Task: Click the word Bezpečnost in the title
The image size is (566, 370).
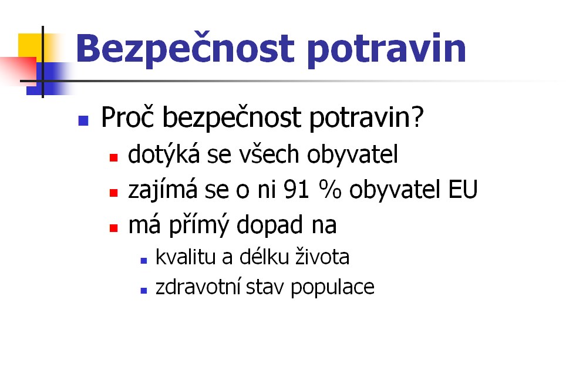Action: (x=185, y=49)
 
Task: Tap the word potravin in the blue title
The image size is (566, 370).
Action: (x=386, y=49)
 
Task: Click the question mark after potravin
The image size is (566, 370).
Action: (x=417, y=117)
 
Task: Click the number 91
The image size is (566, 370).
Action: (x=297, y=189)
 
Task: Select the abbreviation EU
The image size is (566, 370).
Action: (x=463, y=189)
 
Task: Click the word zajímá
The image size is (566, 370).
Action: (x=163, y=189)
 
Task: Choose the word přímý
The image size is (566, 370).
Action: (x=199, y=225)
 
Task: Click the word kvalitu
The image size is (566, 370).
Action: (x=186, y=257)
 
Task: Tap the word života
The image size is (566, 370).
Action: (x=322, y=257)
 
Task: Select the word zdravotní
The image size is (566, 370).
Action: (x=198, y=287)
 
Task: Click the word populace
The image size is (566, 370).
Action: (x=332, y=288)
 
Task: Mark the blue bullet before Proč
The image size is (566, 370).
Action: (x=83, y=120)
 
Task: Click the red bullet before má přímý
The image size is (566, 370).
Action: (x=114, y=228)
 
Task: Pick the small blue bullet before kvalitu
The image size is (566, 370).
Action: (x=144, y=261)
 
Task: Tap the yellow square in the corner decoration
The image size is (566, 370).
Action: (x=31, y=45)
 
